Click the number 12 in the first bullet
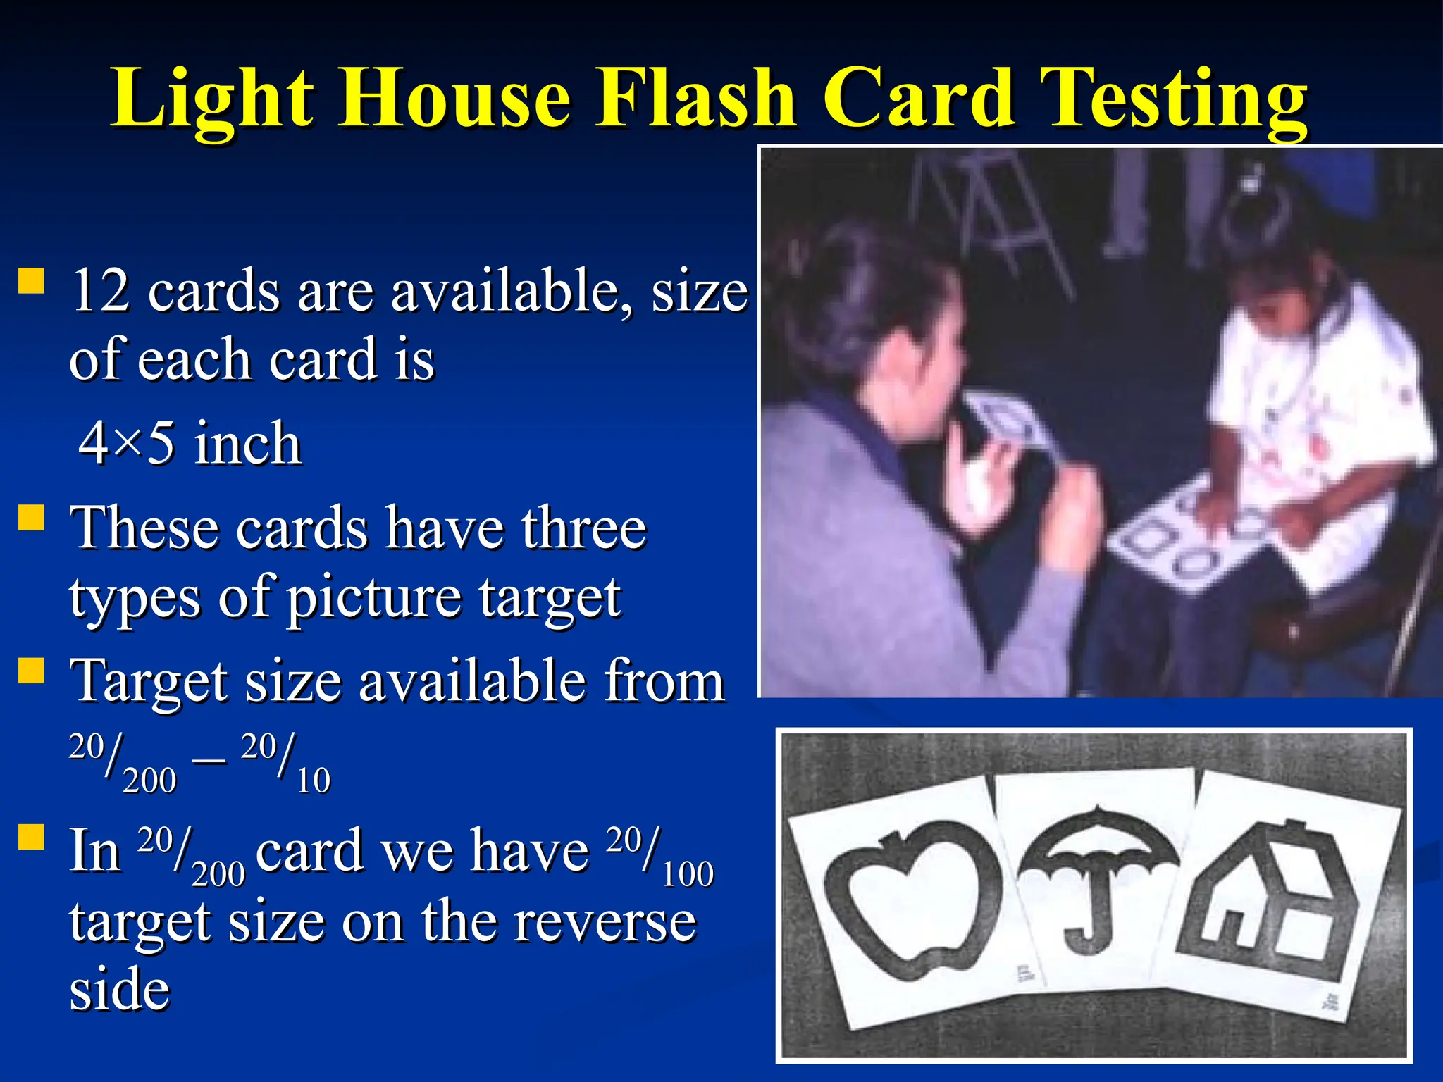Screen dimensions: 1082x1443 (x=100, y=290)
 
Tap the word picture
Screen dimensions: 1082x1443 (x=373, y=598)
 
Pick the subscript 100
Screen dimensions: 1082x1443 (x=688, y=874)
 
